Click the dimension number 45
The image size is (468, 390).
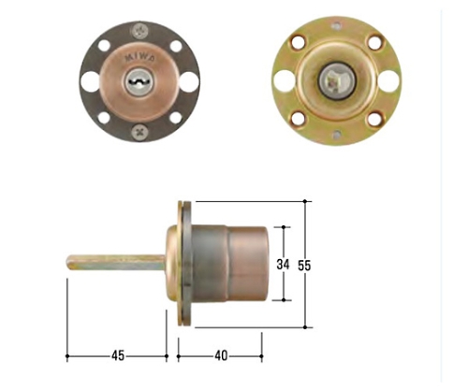(118, 355)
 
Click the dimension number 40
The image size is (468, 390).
(221, 355)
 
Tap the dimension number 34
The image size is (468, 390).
(283, 265)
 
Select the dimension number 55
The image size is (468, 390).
(304, 266)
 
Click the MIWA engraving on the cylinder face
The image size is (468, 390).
(139, 58)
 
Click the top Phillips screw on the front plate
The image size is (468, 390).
(139, 31)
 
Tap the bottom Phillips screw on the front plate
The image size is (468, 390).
(139, 132)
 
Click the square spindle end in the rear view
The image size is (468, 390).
(335, 81)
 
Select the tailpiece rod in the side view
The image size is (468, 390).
(116, 263)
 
